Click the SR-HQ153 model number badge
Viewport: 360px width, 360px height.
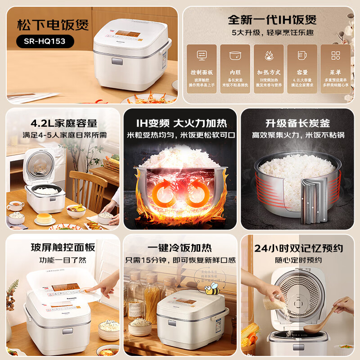click(45, 41)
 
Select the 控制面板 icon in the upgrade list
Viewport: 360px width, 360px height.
click(202, 55)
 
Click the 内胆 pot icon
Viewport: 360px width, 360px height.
click(235, 55)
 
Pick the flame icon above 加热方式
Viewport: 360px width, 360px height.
click(269, 55)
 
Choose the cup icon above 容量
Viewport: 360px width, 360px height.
click(302, 55)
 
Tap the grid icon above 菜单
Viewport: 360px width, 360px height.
click(336, 55)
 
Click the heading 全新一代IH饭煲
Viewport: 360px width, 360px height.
click(272, 19)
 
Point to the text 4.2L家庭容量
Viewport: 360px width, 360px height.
click(64, 123)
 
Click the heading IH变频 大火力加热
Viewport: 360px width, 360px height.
click(181, 123)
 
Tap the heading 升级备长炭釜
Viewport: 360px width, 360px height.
click(297, 123)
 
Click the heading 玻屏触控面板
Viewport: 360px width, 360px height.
click(63, 247)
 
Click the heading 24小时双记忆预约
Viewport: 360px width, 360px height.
click(298, 248)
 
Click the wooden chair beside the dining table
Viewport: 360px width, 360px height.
click(88, 189)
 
